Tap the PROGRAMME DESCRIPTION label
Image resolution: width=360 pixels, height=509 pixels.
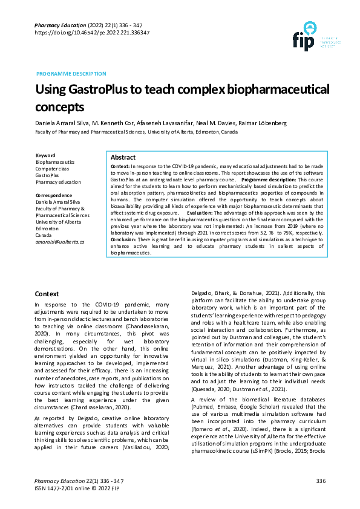tap(71, 74)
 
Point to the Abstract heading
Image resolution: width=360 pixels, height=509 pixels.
tap(123, 157)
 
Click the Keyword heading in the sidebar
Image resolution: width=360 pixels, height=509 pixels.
tap(46, 155)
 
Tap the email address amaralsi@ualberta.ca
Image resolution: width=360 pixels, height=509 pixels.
tap(60, 241)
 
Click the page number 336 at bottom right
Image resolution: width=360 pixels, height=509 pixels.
tap(321, 481)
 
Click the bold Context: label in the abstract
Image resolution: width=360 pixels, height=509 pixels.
tap(120, 165)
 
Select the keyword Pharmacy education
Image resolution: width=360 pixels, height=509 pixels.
tap(58, 182)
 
